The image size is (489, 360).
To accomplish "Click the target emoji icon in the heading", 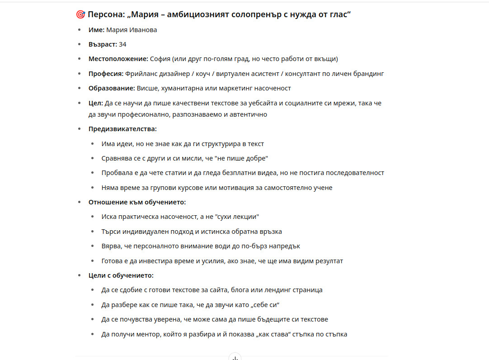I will pos(80,15).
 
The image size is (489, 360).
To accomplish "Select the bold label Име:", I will pos(96,30).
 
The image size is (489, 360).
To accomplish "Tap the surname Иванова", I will pos(143,30).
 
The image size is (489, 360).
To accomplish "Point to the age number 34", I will pos(122,44).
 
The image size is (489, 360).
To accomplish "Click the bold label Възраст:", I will pos(103,44).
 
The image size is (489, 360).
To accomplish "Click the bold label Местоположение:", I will pos(118,59).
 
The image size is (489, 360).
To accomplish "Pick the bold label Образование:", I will pos(112,88).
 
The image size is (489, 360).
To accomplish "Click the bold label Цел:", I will pos(96,103).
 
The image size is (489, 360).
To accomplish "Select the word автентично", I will pos(249,114).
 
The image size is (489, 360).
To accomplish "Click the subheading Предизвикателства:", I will pos(122,129).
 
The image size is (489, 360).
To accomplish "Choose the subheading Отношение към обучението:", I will pos(137,202).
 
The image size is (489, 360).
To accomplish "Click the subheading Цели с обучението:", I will pos(121,275).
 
